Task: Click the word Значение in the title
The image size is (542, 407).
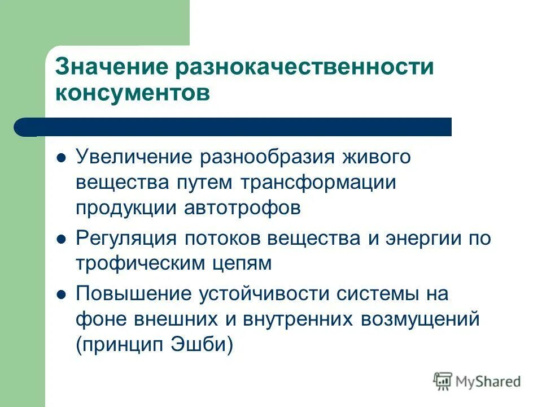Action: coord(108,67)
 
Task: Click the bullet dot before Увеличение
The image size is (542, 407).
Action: coord(62,157)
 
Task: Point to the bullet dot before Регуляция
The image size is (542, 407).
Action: coord(62,239)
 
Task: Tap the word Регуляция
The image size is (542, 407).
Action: coord(125,238)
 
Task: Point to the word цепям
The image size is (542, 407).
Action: coord(239,264)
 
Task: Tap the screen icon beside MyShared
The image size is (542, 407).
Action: coord(443,382)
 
